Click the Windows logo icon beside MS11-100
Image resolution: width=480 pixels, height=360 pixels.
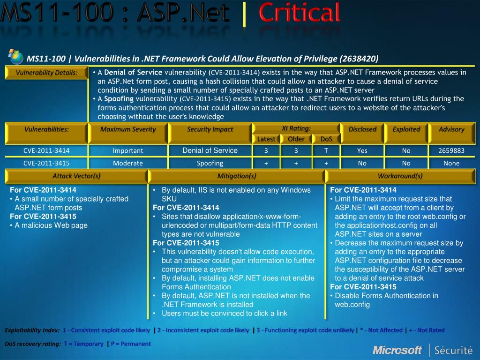coord(15,57)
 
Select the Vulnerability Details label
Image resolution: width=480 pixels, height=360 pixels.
coord(46,73)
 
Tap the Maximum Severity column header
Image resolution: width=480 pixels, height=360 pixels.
coord(128,129)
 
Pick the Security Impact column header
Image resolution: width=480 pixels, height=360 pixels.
coord(210,129)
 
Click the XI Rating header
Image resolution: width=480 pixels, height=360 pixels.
coord(296,128)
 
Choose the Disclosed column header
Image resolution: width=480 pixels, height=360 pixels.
coord(362,129)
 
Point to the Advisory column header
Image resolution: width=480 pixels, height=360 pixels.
coord(451,129)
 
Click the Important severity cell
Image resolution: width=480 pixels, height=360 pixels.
coord(128,150)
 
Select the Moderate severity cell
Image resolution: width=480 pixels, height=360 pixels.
coord(128,163)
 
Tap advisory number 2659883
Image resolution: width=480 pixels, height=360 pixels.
coord(451,150)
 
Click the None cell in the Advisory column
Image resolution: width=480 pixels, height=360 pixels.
coord(451,163)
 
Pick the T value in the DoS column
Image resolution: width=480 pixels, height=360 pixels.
coord(326,150)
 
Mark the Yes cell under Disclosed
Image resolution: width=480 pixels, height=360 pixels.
coord(362,150)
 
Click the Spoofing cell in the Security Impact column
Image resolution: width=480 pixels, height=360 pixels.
coord(210,163)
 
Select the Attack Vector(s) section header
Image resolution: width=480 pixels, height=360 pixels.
coord(76,176)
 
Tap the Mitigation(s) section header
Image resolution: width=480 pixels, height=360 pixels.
coord(237,176)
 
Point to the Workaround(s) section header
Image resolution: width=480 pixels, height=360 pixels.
coord(400,176)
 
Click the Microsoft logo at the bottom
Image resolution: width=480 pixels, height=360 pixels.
coord(397,350)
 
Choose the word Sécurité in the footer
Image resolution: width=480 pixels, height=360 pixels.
coord(453,350)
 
